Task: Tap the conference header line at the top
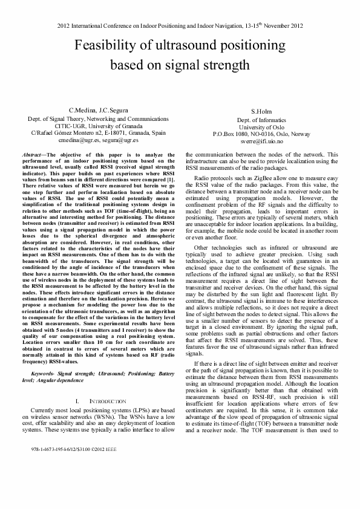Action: (180, 26)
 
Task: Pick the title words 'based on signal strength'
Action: (180, 65)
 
